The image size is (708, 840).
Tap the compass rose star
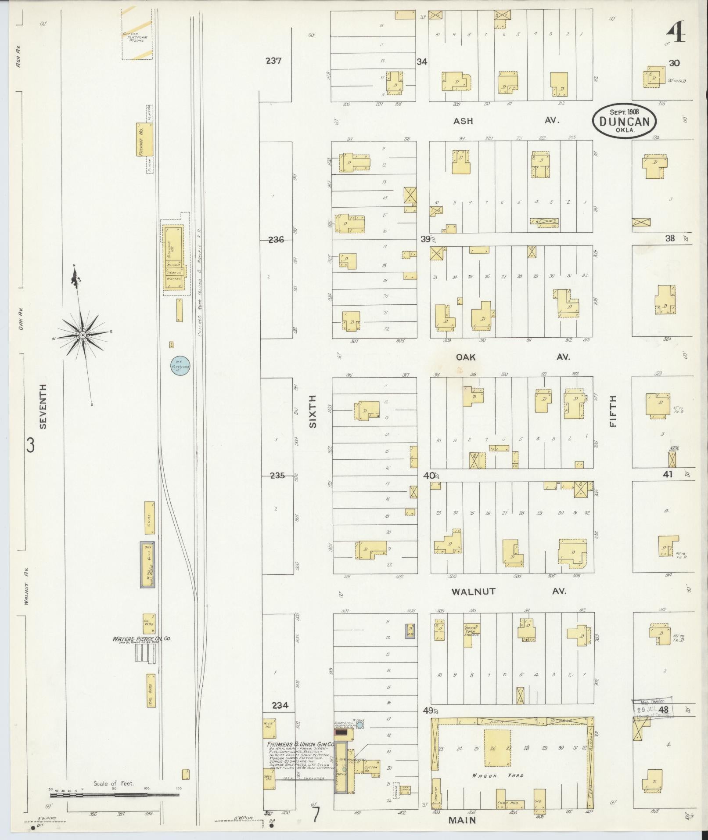click(x=82, y=335)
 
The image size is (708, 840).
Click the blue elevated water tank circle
click(x=180, y=365)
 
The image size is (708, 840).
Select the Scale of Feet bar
click(x=114, y=795)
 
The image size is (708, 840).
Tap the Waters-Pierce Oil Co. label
click(x=141, y=638)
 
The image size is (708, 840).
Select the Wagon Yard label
click(x=497, y=775)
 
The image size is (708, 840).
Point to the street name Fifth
click(x=613, y=411)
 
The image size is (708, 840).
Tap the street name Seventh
click(x=43, y=406)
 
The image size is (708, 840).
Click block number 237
click(x=273, y=61)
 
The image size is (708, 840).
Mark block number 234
click(x=280, y=706)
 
